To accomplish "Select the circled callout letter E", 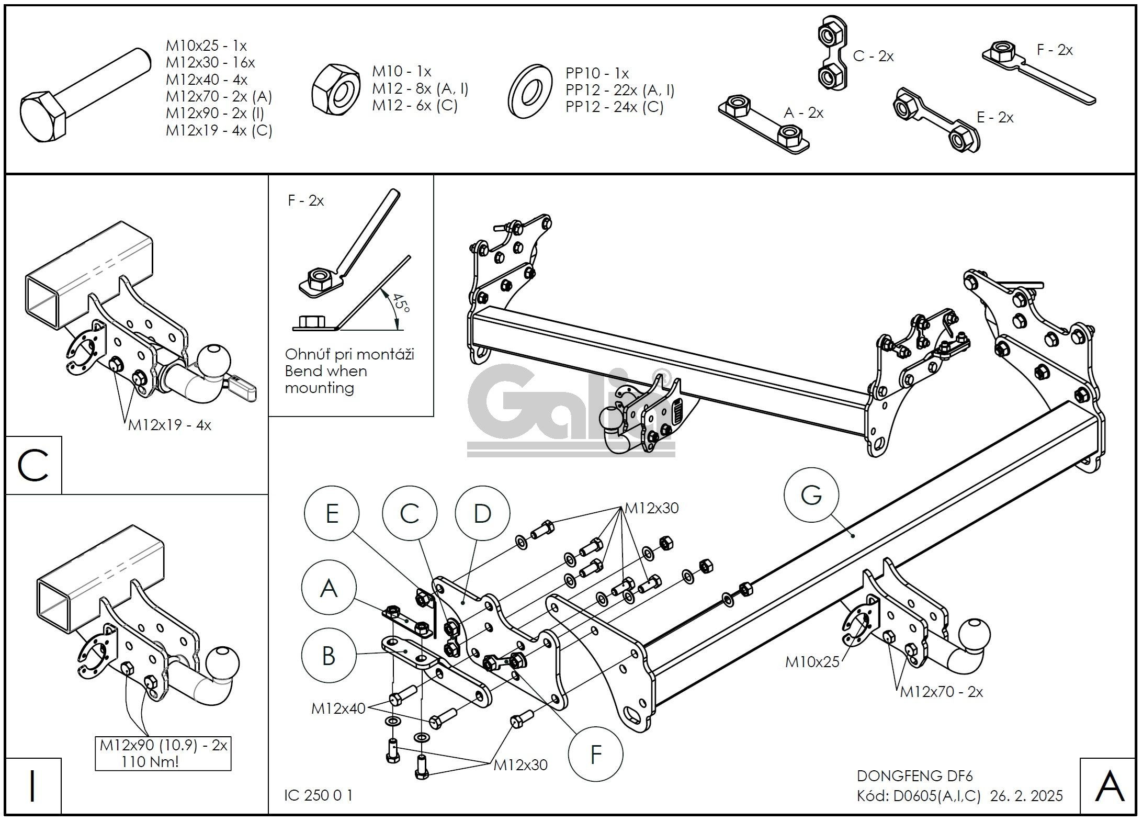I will click(x=332, y=513).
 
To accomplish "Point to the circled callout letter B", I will click(x=329, y=656).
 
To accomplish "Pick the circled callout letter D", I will click(x=482, y=513).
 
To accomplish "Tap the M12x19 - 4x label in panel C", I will click(x=169, y=425).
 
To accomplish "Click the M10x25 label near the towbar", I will click(x=812, y=662).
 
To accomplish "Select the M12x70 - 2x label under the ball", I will click(x=941, y=692).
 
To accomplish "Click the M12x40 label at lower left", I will click(x=338, y=708).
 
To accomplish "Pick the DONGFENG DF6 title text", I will click(x=914, y=775).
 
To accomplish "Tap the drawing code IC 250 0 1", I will click(x=318, y=795).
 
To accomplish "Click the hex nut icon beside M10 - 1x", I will click(x=335, y=88).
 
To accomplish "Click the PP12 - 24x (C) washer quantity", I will click(x=614, y=107).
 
